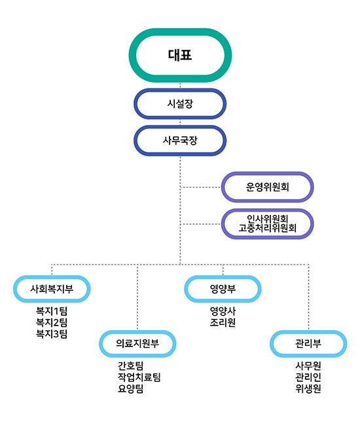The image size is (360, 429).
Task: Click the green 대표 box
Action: pyautogui.click(x=180, y=55)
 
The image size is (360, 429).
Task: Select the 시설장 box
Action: pyautogui.click(x=180, y=103)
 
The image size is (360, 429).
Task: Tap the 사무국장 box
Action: pyautogui.click(x=180, y=141)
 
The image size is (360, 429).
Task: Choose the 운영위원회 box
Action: pyautogui.click(x=267, y=187)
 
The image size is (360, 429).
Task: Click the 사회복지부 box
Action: pyautogui.click(x=52, y=289)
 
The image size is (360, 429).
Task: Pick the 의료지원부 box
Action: pyautogui.click(x=137, y=344)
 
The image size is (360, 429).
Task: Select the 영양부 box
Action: pyautogui.click(x=223, y=289)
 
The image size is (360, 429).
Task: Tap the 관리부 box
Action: pyautogui.click(x=308, y=344)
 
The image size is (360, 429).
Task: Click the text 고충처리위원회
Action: pyautogui.click(x=267, y=228)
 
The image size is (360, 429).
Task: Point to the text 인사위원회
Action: pyautogui.click(x=267, y=219)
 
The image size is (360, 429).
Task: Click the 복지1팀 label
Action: pyautogui.click(x=52, y=311)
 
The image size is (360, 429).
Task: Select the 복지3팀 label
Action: pyautogui.click(x=52, y=334)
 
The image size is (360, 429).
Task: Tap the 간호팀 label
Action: pyautogui.click(x=131, y=366)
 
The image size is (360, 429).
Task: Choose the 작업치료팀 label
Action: pyautogui.click(x=139, y=377)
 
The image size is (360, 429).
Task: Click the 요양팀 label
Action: pyautogui.click(x=131, y=389)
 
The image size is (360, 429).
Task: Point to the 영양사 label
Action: pyautogui.click(x=223, y=311)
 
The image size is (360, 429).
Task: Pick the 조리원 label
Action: pyautogui.click(x=223, y=323)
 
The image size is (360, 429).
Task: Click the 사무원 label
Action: pyautogui.click(x=308, y=366)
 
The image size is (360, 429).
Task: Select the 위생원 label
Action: pyautogui.click(x=308, y=389)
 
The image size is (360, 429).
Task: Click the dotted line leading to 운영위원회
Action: pyautogui.click(x=201, y=187)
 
